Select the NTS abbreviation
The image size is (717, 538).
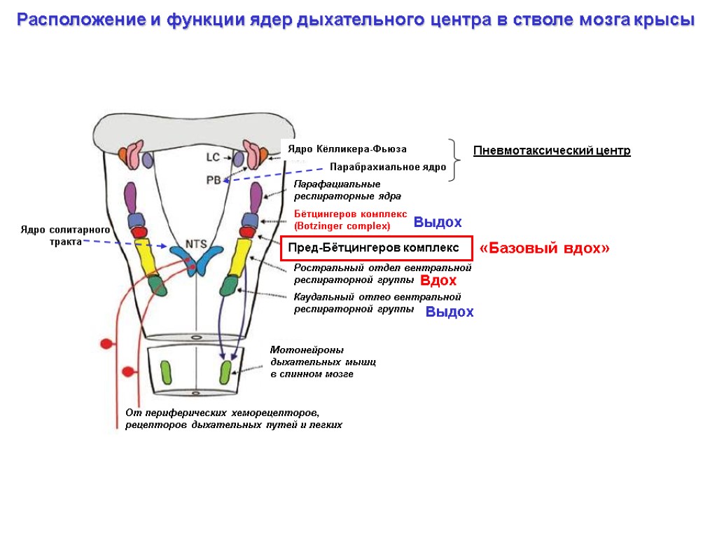coord(195,244)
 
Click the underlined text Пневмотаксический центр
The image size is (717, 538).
coord(552,151)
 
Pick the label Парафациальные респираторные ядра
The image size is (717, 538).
coord(347,190)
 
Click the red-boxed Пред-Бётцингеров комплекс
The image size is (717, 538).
coord(373,248)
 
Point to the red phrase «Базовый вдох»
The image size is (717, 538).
coord(544,249)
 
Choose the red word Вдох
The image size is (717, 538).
coord(438,281)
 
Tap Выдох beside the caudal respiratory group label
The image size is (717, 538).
coord(450,312)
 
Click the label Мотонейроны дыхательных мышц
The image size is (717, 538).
coord(323,361)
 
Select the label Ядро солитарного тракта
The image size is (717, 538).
coord(66,235)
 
